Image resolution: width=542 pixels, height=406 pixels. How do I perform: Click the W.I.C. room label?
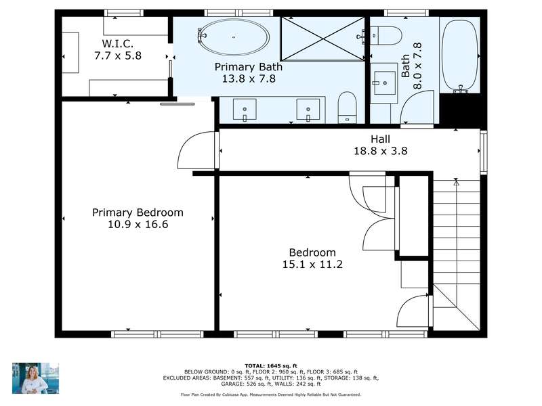tap(117, 44)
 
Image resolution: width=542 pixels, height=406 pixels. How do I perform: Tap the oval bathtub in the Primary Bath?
tap(234, 37)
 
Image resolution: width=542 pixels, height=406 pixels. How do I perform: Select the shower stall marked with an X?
tap(322, 39)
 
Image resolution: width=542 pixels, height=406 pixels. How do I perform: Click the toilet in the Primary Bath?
tap(347, 108)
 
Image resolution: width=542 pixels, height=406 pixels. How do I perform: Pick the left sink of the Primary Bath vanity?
tap(245, 110)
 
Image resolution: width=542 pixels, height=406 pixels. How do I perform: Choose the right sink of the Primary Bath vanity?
tap(308, 110)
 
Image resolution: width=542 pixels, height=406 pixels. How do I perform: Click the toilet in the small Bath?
tap(386, 36)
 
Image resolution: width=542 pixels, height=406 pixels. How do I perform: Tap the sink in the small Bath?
tap(384, 83)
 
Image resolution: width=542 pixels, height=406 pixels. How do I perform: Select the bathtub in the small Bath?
tap(461, 56)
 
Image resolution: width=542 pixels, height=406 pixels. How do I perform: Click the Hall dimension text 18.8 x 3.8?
tap(381, 151)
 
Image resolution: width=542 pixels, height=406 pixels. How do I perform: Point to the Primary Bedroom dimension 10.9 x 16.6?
tap(138, 225)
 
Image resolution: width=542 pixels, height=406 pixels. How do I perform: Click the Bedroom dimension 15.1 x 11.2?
tap(312, 265)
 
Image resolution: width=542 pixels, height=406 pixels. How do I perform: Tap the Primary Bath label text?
tap(248, 66)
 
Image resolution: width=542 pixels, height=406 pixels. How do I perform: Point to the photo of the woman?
tap(35, 378)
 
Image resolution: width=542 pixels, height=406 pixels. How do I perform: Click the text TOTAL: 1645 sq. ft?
tap(270, 366)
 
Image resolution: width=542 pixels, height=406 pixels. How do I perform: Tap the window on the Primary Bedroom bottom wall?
tap(157, 334)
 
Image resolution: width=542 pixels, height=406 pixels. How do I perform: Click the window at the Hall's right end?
tap(484, 151)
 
